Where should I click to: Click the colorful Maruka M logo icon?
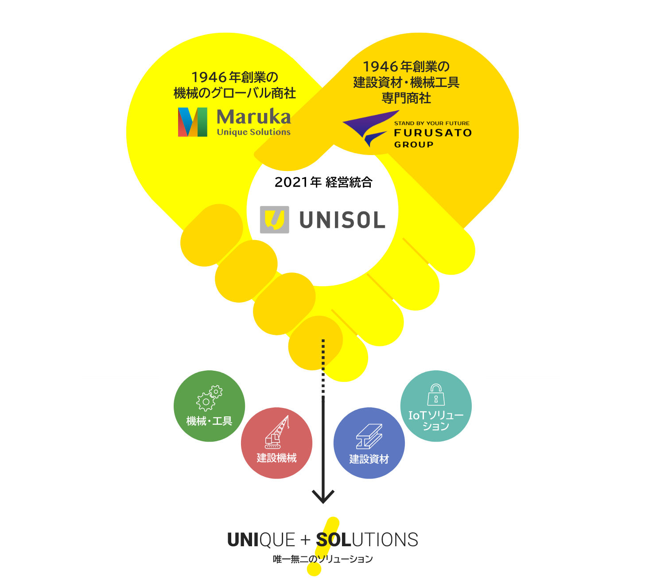tap(192, 122)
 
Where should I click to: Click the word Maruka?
tap(254, 117)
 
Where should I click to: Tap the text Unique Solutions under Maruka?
tap(254, 132)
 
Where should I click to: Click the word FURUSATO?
tap(433, 133)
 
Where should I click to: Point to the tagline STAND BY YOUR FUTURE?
tap(431, 123)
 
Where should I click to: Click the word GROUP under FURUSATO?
tap(414, 144)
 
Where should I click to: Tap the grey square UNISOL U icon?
tap(274, 219)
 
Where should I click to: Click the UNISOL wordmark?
tap(342, 220)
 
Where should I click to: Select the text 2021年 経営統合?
tap(323, 182)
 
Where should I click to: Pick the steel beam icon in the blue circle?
tap(369, 436)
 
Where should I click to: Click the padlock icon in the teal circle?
tap(436, 395)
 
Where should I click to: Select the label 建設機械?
tap(277, 458)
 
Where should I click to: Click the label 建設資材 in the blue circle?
tap(369, 459)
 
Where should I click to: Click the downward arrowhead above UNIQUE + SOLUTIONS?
tap(323, 496)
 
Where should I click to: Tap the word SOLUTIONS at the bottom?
tap(367, 540)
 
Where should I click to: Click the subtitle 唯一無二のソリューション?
tap(323, 559)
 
